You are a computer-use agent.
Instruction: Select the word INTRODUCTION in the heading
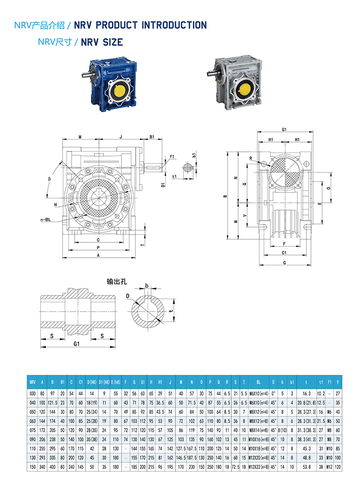(x=174, y=25)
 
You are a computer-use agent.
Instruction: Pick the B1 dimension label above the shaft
(x=152, y=136)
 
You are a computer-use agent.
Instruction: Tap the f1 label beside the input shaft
(x=171, y=157)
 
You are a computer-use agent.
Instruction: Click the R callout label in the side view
(x=251, y=158)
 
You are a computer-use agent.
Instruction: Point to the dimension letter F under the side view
(x=284, y=244)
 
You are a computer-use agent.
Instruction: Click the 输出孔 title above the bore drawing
(x=117, y=282)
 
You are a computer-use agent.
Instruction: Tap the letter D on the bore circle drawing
(x=128, y=295)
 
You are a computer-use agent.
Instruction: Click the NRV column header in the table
(x=32, y=382)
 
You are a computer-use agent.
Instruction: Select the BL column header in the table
(x=258, y=382)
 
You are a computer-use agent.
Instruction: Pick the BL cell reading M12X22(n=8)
(x=258, y=467)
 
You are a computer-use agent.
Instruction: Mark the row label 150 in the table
(x=32, y=467)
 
